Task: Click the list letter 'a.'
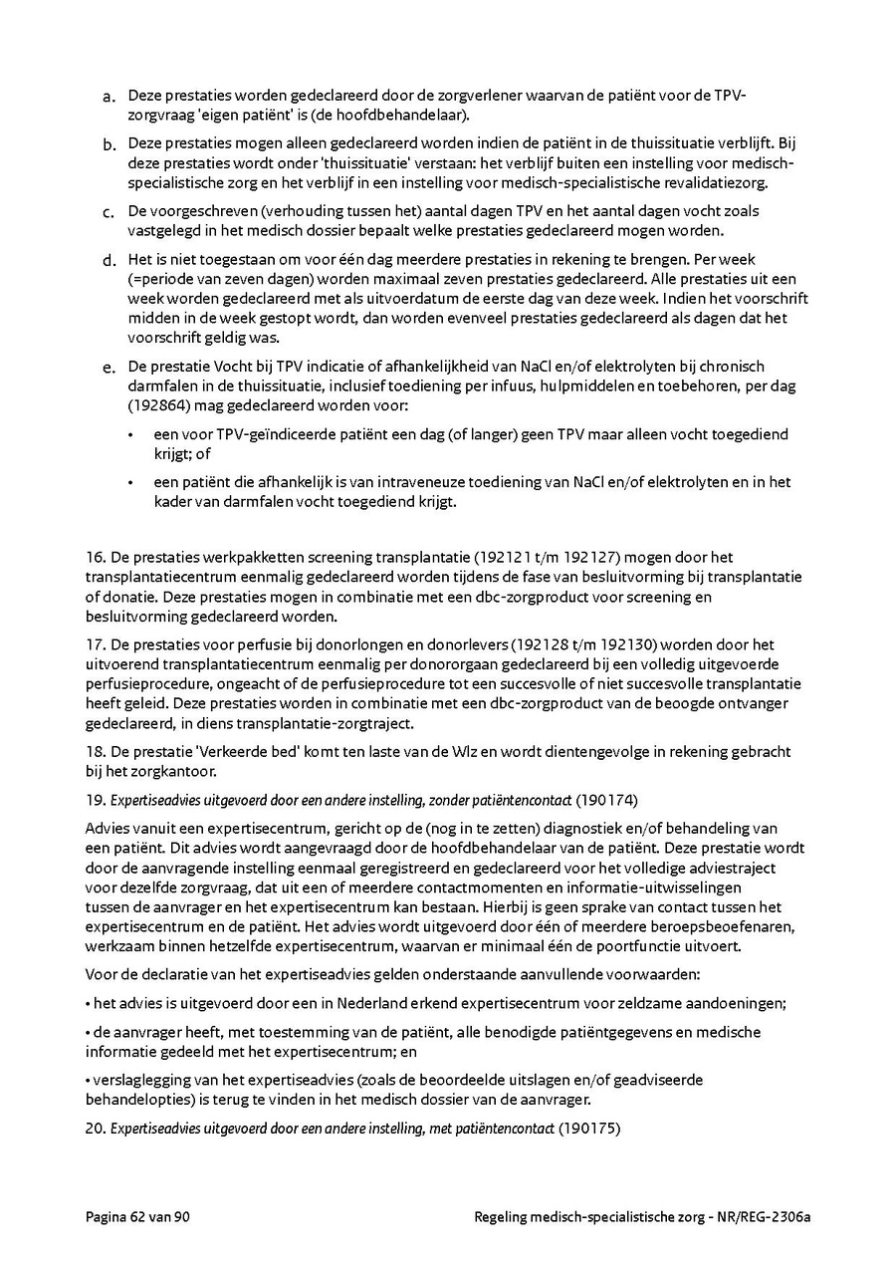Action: click(109, 97)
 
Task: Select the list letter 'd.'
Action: click(109, 261)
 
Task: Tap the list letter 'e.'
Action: click(109, 370)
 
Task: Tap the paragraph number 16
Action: click(94, 558)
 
